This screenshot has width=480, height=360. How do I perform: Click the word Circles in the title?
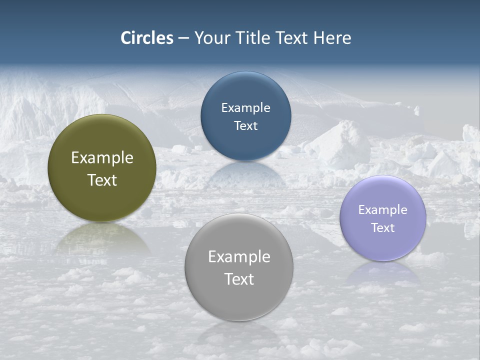146,38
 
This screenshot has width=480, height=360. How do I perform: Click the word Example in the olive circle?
102,158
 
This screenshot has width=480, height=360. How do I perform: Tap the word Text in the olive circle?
102,180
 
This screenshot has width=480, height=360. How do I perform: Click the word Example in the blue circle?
245,107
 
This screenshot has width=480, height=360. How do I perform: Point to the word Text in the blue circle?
245,125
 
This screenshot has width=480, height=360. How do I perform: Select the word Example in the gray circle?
239,256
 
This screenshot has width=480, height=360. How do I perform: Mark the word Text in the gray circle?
239,279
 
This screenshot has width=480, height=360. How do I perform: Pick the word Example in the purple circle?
383,209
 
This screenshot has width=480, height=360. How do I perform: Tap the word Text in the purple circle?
383,227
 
